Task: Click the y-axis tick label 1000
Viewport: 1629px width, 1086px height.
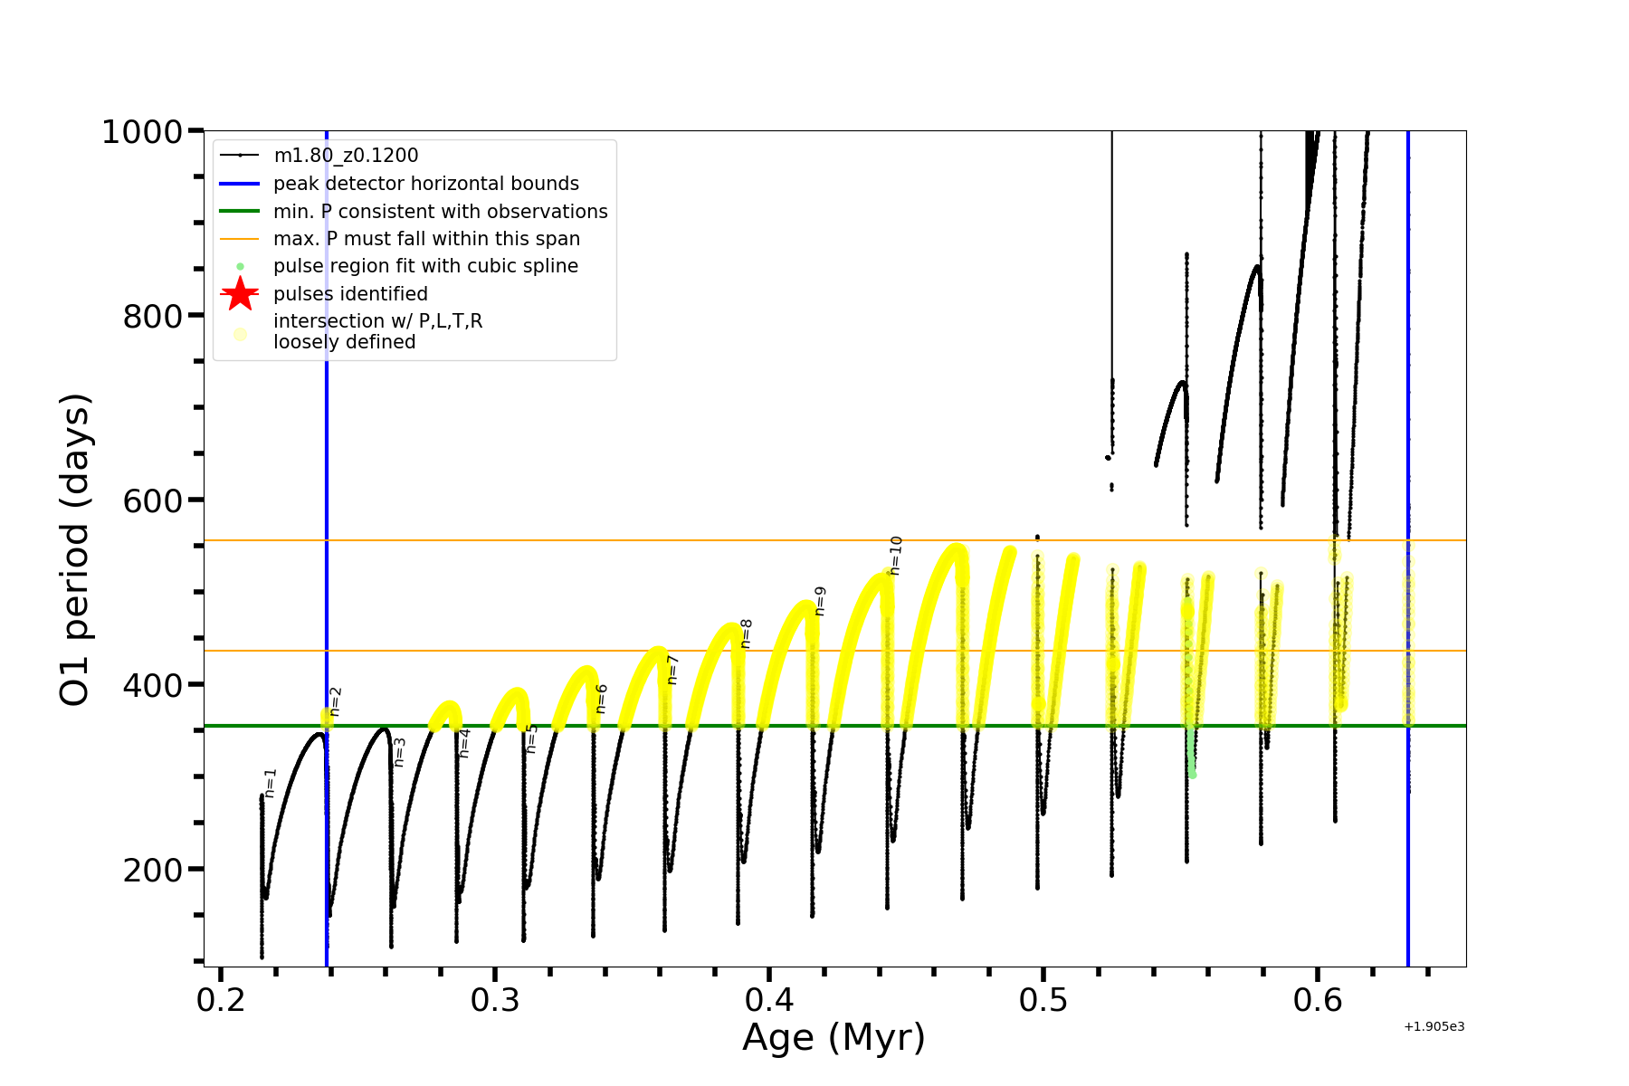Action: pyautogui.click(x=142, y=133)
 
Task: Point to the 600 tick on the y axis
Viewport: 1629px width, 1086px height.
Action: pyautogui.click(x=152, y=500)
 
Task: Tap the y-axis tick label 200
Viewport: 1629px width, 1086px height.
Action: pyautogui.click(x=152, y=870)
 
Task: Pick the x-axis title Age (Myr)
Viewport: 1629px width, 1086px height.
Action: pyautogui.click(x=834, y=1038)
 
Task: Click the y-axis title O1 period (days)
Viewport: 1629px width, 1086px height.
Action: pyautogui.click(x=75, y=549)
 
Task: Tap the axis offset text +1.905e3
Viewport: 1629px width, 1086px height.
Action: pyautogui.click(x=1434, y=1027)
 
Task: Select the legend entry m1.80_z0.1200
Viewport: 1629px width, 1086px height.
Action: pyautogui.click(x=346, y=156)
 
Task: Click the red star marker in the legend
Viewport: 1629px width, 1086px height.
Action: pyautogui.click(x=240, y=294)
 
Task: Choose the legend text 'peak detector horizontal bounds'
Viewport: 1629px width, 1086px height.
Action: pyautogui.click(x=425, y=184)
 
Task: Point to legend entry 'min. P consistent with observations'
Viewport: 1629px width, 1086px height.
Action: pyautogui.click(x=440, y=212)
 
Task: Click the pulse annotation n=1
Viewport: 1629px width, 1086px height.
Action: pyautogui.click(x=270, y=783)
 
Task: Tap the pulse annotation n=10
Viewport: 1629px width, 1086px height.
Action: pyautogui.click(x=896, y=555)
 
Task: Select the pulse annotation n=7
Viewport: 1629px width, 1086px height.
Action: pyautogui.click(x=672, y=670)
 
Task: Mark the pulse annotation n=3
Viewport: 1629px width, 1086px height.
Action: pyautogui.click(x=399, y=752)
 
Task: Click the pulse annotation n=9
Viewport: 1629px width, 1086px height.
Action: pyautogui.click(x=820, y=601)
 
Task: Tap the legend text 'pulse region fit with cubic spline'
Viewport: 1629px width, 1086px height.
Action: pyautogui.click(x=425, y=266)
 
